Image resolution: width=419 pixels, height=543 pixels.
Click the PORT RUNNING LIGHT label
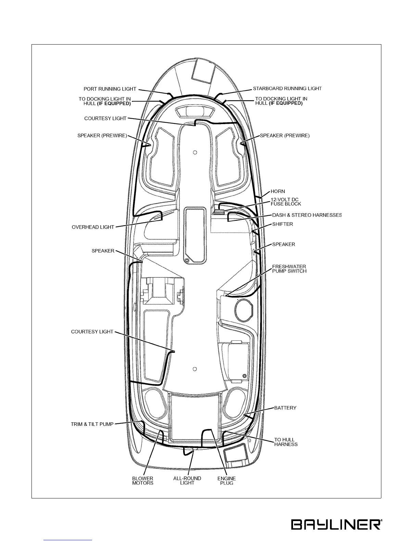click(110, 89)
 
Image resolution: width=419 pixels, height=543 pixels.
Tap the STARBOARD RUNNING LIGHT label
click(287, 88)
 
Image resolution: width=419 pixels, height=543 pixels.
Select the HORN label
click(278, 191)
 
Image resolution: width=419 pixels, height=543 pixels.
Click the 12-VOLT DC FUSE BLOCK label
click(286, 202)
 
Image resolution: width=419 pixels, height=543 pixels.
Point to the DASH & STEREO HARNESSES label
click(307, 215)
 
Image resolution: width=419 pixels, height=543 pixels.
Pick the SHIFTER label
click(282, 224)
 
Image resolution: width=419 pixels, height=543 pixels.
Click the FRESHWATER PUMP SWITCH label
click(289, 268)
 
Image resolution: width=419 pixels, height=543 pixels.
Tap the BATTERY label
click(285, 408)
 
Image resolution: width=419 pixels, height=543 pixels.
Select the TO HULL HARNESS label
click(285, 442)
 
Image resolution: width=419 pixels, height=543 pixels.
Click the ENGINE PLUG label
click(227, 481)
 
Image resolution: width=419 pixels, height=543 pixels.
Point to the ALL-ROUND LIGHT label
click(187, 481)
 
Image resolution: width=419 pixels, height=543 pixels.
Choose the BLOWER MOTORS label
click(143, 481)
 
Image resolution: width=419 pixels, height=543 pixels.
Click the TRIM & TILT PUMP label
click(92, 424)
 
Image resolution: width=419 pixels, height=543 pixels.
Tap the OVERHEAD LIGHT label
click(93, 227)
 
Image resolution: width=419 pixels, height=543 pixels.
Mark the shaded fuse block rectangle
click(219, 212)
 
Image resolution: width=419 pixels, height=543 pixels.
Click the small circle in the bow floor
click(195, 152)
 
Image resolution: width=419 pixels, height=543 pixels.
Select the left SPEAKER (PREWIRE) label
click(102, 136)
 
